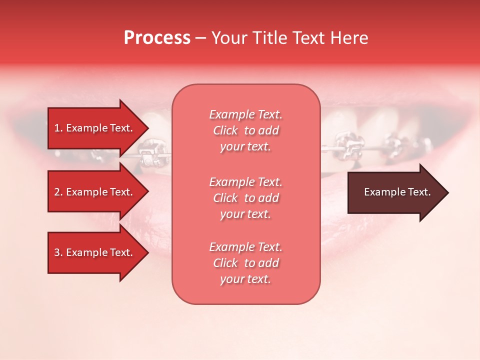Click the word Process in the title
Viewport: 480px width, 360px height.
157,38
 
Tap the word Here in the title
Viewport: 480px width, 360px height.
349,38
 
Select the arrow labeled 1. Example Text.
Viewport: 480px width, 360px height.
95,128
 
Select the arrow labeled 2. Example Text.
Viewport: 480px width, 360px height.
95,192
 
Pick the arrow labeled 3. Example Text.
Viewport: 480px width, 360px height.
95,252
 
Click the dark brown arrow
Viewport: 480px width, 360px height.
395,192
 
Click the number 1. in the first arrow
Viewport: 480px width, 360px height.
58,128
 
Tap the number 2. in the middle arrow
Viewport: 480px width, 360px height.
58,192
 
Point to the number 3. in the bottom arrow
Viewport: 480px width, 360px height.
58,252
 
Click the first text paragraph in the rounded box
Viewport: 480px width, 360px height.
245,130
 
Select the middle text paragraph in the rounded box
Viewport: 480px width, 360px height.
245,198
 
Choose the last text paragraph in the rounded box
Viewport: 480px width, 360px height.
245,263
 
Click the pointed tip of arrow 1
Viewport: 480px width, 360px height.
147,128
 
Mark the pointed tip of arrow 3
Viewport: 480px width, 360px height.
147,252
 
